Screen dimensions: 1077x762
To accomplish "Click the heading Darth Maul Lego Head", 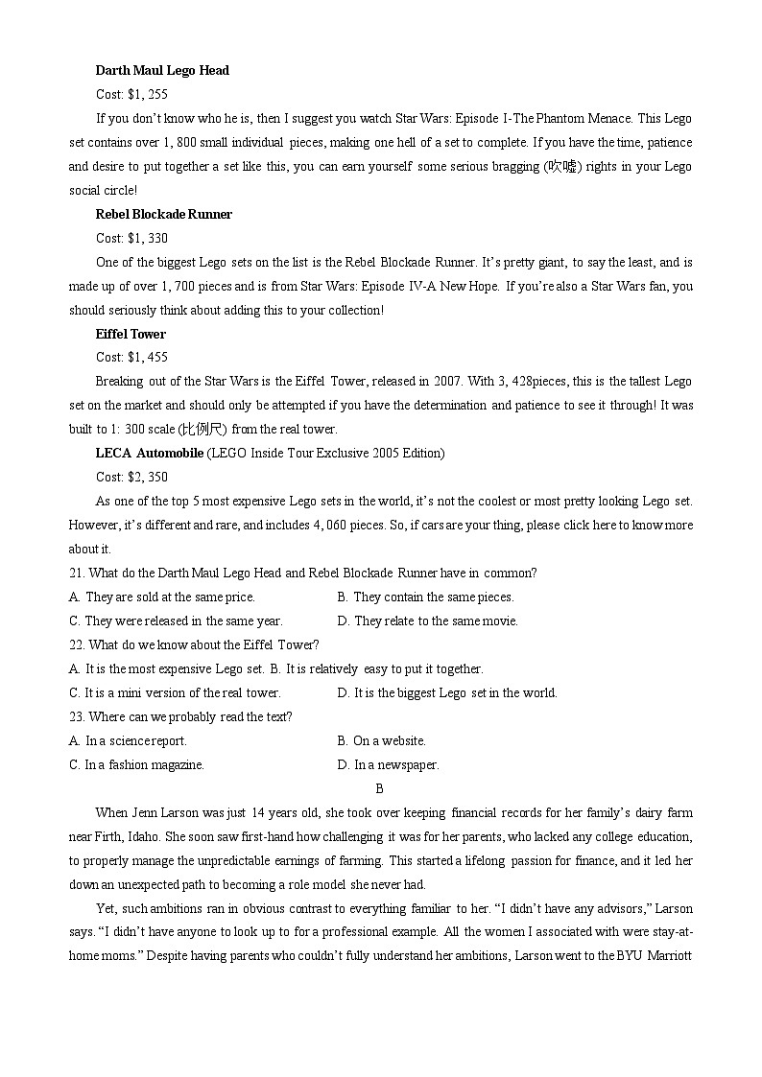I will point(162,71).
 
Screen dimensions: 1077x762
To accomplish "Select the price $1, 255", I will point(147,95).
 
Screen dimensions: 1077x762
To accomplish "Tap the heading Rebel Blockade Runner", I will point(164,214).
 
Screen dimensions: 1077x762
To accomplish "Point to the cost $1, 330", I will point(147,238).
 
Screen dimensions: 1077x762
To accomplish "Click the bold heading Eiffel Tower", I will point(131,334).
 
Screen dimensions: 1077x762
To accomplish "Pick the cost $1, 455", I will point(147,358).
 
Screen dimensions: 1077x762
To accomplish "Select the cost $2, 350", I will point(147,477).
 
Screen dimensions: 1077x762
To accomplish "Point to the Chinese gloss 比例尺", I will point(201,430).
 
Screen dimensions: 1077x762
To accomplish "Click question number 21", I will point(77,574).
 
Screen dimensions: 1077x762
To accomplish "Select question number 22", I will point(77,645).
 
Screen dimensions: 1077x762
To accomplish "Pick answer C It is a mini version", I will point(175,693).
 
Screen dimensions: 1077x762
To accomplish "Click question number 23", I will point(77,717).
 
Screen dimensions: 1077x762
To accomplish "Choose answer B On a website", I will point(381,741).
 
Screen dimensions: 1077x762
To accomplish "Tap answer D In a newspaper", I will point(388,765).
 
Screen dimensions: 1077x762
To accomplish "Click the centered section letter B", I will point(380,789).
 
